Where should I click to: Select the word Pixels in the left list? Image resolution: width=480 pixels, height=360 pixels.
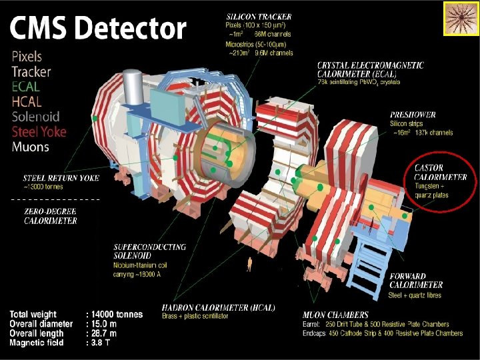click(27, 57)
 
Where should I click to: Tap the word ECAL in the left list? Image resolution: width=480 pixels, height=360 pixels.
click(26, 87)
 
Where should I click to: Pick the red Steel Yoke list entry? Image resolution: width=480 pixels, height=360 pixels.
click(39, 131)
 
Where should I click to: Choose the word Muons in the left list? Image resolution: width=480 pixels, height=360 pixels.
click(31, 147)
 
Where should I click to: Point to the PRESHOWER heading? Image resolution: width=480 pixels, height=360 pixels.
click(413, 115)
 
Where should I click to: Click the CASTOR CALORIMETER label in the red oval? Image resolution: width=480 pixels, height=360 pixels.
click(440, 173)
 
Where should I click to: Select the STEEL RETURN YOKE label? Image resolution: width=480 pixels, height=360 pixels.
click(61, 178)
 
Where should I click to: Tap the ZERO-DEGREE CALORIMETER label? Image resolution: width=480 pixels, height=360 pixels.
click(51, 217)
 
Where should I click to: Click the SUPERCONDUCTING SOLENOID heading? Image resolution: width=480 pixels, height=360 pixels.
click(149, 251)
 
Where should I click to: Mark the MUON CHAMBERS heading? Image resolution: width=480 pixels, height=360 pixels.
click(335, 315)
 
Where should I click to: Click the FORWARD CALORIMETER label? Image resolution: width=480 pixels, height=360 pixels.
click(415, 281)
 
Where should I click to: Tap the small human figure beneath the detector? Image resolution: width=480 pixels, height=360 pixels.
click(249, 263)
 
